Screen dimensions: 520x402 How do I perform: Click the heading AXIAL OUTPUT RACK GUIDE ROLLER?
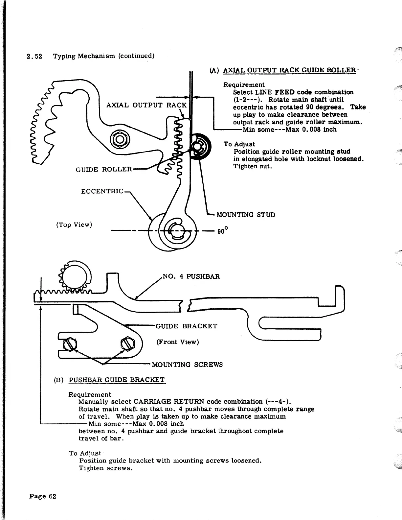point(289,70)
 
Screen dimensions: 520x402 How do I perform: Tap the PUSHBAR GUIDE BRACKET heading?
point(117,380)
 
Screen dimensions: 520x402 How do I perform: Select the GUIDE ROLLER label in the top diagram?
point(104,169)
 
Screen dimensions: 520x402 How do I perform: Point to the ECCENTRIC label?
point(102,191)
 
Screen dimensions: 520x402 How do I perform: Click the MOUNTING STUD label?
point(246,215)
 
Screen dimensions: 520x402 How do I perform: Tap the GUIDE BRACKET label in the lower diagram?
point(186,326)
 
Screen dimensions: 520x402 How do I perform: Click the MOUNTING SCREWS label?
point(187,365)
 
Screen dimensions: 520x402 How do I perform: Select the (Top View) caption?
point(74,225)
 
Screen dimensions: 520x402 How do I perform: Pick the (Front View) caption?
point(178,342)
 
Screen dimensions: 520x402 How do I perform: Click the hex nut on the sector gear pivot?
point(119,139)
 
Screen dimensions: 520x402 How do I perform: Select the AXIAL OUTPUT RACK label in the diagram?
point(146,105)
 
